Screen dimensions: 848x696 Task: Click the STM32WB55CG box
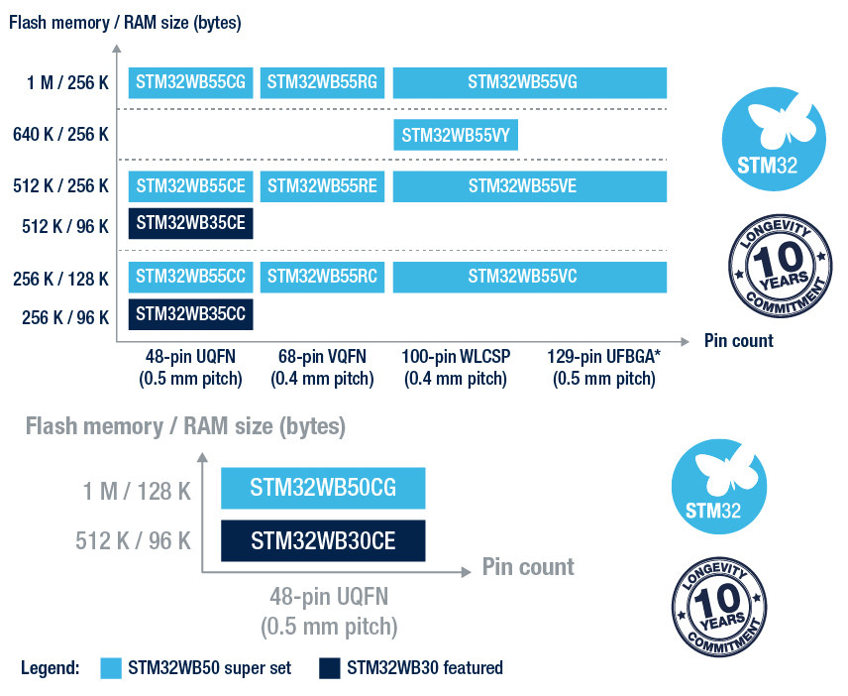pos(190,83)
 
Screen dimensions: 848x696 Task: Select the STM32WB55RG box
pos(322,83)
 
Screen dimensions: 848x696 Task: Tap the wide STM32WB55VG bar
pos(529,83)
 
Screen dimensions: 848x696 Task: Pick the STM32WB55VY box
pos(456,135)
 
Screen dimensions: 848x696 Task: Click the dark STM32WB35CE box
pos(190,223)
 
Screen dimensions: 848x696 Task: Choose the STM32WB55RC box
pos(322,277)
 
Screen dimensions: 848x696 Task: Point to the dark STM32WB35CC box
pos(190,314)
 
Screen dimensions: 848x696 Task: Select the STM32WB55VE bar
pos(529,186)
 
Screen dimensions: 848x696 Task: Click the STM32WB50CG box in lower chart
pos(323,488)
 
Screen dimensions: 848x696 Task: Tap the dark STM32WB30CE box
pos(323,540)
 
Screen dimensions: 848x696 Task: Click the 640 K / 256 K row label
pos(60,135)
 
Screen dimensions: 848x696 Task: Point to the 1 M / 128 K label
pos(137,492)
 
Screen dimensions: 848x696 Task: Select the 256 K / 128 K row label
pos(60,280)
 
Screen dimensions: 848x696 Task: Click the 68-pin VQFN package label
pos(322,368)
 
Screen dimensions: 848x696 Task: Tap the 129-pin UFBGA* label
pos(604,368)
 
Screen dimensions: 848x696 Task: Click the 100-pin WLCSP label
pos(456,368)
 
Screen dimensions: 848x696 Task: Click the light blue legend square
pos(111,668)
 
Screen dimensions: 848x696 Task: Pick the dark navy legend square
pos(329,668)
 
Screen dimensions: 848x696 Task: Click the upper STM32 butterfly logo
pos(774,139)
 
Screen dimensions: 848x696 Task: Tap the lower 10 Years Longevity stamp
pos(719,607)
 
